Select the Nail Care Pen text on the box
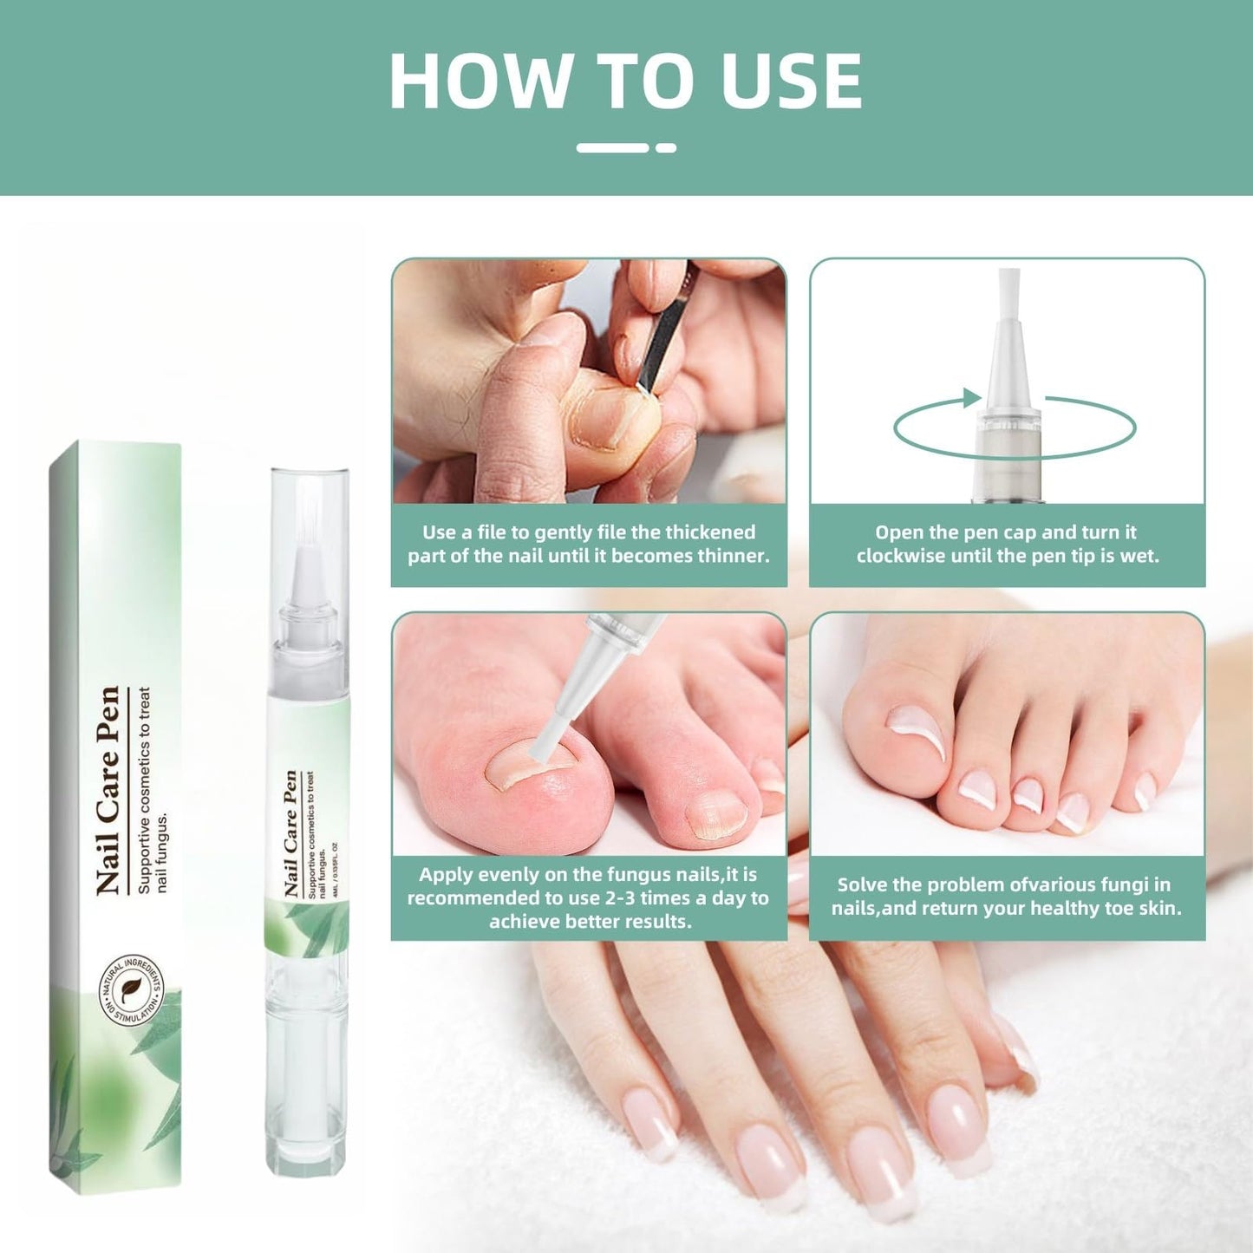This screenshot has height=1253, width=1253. tap(108, 790)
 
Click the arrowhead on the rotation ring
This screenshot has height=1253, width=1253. tap(972, 399)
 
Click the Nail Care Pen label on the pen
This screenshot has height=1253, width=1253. tap(290, 833)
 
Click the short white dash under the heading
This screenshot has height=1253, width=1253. tap(666, 148)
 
